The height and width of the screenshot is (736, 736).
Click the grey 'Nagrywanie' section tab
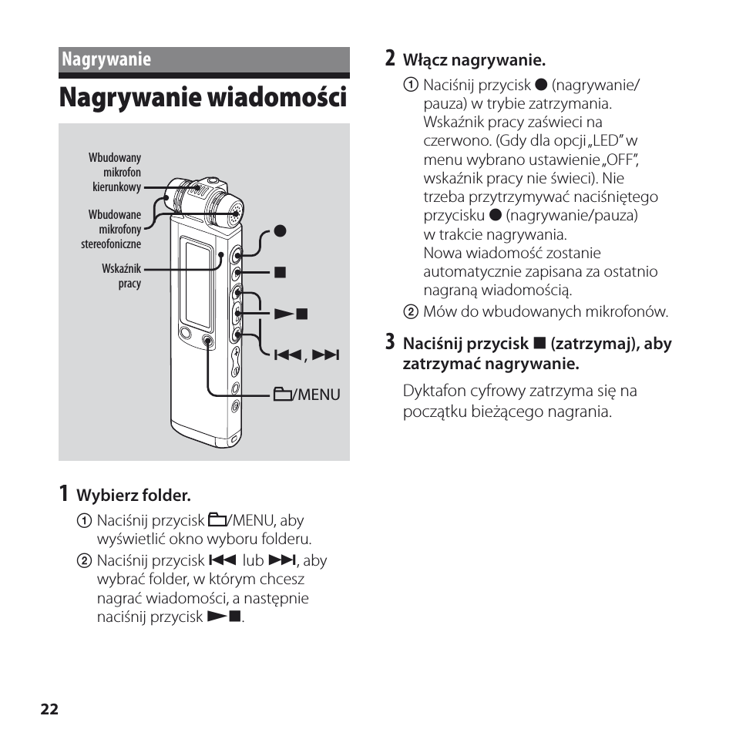(x=106, y=59)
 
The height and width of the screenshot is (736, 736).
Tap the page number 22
(x=50, y=710)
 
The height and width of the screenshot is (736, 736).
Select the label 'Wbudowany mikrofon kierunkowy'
(x=116, y=173)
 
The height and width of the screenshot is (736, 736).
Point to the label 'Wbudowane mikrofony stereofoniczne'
(x=113, y=230)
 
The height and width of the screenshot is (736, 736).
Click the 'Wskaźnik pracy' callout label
(x=122, y=276)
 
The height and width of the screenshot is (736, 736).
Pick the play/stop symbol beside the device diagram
(x=292, y=313)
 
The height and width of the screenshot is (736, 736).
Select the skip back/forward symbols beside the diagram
(x=307, y=355)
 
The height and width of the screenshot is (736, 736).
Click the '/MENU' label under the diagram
(x=307, y=395)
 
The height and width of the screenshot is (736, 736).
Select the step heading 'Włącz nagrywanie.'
(x=475, y=60)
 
